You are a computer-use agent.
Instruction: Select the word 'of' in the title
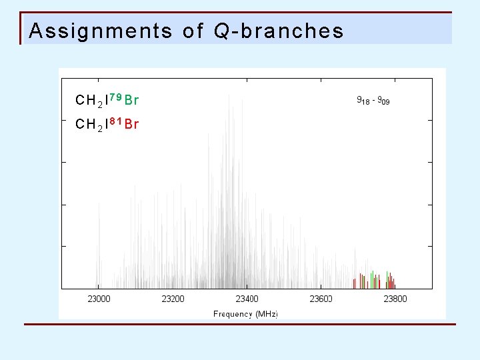pos(193,31)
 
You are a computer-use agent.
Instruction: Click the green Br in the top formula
pos(131,101)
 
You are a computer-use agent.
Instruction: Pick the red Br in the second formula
pos(131,124)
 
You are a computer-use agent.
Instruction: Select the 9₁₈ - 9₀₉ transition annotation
pos(374,101)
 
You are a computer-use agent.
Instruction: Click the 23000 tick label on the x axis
pos(99,299)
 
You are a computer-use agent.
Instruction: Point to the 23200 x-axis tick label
pos(173,299)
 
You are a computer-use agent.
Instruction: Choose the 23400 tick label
pos(247,299)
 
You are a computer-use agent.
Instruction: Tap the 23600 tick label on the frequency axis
pos(321,299)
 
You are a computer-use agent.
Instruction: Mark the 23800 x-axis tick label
pos(395,299)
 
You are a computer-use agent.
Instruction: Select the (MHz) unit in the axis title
pos(266,313)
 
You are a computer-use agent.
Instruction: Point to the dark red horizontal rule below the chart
pos(240,325)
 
